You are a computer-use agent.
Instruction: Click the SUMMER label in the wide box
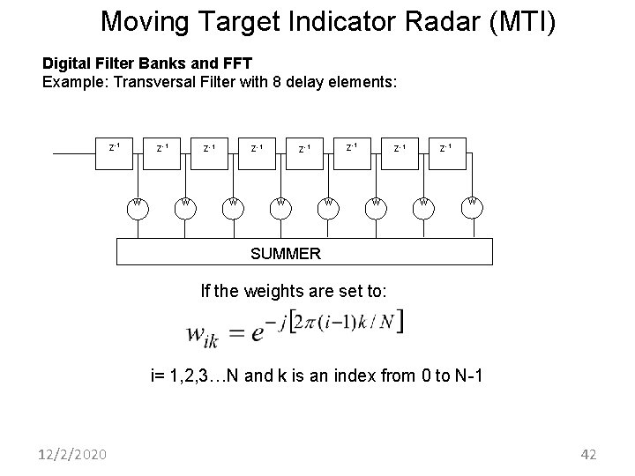point(286,254)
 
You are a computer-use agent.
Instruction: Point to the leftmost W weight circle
point(138,205)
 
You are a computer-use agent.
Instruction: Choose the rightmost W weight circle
point(473,204)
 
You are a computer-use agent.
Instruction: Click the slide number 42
point(588,454)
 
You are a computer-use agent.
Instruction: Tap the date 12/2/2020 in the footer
point(74,454)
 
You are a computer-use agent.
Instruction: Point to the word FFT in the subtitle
point(236,64)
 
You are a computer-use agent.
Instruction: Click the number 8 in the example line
point(296,83)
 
